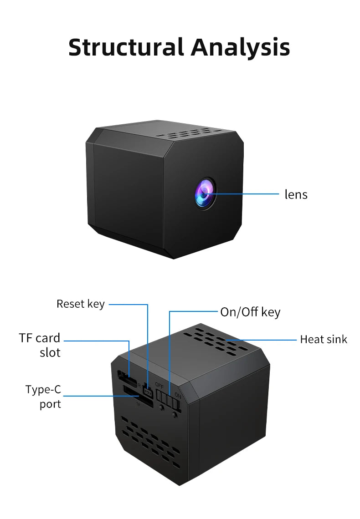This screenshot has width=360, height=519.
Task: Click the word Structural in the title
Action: pos(126,47)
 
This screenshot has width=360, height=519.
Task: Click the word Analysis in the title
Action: pos(240,47)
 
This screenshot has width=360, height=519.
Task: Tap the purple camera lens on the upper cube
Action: pos(206,193)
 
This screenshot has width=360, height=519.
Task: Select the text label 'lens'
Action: pos(296,194)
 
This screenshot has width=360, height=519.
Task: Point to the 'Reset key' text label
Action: pos(80,304)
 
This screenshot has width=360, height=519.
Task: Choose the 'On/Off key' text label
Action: pos(250,312)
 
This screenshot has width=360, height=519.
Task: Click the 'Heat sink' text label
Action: pos(323,339)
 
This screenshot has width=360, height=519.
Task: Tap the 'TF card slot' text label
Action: pos(40,345)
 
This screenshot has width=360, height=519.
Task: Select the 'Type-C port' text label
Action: pos(43,397)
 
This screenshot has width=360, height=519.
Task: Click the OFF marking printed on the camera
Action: pos(159,385)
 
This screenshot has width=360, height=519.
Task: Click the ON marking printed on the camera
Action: pos(178,396)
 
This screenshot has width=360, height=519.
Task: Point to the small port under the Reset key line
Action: pos(148,391)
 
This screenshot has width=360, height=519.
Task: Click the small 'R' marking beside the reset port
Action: pos(139,385)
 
